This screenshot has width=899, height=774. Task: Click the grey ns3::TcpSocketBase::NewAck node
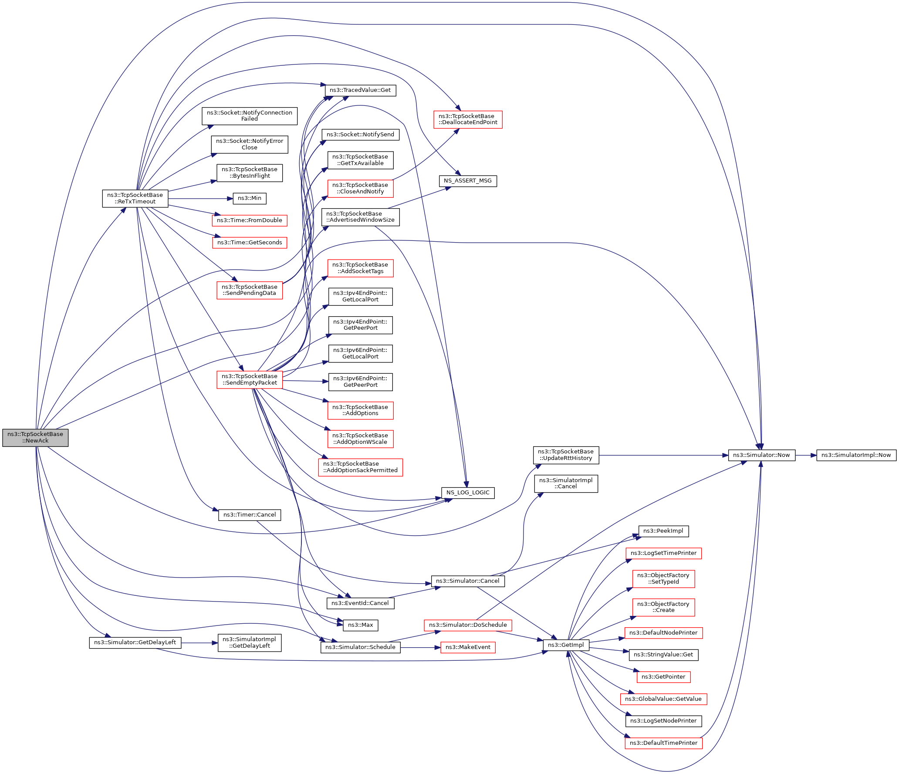click(x=35, y=437)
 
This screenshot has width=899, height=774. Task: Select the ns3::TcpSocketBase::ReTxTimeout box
click(x=135, y=198)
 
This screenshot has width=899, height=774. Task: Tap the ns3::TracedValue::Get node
click(x=360, y=90)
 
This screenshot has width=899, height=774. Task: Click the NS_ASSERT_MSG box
click(x=467, y=181)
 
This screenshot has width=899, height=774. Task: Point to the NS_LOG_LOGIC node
click(x=468, y=493)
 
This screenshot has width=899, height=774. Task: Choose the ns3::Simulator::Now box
click(x=761, y=455)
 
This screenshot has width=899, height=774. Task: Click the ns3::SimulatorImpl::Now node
click(x=856, y=455)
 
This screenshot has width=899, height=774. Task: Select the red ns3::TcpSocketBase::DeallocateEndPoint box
click(x=468, y=119)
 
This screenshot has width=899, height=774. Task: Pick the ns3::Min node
click(x=250, y=198)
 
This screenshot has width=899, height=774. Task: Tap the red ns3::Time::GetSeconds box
click(x=250, y=243)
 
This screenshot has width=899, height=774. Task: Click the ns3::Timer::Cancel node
click(x=250, y=515)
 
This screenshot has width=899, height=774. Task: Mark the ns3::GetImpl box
click(x=566, y=645)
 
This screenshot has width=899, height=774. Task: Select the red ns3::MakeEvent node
click(x=468, y=647)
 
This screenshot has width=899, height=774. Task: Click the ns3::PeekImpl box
click(x=663, y=531)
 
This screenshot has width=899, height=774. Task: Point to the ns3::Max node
click(x=361, y=625)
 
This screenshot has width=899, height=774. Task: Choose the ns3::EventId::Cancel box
click(x=360, y=603)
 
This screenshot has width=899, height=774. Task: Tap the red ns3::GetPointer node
click(x=663, y=677)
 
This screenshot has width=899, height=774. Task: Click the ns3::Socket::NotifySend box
click(x=360, y=135)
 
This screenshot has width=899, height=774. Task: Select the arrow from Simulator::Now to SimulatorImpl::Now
click(x=806, y=455)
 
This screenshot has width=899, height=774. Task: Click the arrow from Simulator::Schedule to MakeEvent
click(x=420, y=648)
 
